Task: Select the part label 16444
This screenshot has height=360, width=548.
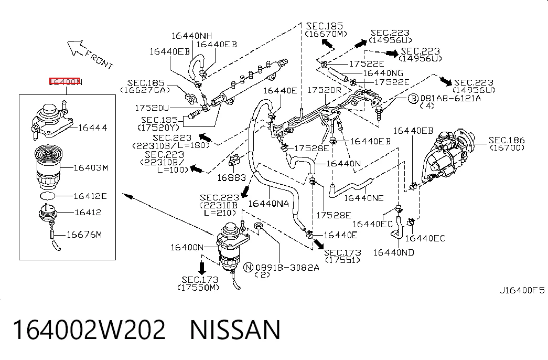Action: (x=93, y=128)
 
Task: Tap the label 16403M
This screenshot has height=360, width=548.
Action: (x=91, y=168)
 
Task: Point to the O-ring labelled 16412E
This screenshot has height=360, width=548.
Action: (x=48, y=196)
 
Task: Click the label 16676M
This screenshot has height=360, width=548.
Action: (x=84, y=235)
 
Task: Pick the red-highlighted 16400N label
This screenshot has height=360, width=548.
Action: (x=65, y=82)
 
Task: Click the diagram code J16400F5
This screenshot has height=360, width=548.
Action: (x=522, y=290)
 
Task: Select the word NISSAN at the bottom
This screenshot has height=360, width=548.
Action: (x=235, y=330)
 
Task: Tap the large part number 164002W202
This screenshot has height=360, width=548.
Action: (x=89, y=330)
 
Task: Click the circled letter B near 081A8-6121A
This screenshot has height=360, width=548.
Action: (x=413, y=98)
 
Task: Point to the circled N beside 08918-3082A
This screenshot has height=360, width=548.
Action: (x=248, y=268)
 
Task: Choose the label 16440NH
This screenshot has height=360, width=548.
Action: (x=192, y=36)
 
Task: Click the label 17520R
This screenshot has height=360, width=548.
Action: (x=324, y=90)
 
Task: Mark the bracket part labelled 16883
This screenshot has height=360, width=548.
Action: (x=234, y=160)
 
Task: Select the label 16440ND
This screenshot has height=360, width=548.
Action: (x=394, y=252)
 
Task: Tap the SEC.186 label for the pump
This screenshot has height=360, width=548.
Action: (x=507, y=144)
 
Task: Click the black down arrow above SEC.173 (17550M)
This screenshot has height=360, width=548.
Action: (x=202, y=268)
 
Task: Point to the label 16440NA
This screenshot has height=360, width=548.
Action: (x=268, y=204)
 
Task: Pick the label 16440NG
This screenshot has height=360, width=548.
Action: (x=383, y=73)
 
